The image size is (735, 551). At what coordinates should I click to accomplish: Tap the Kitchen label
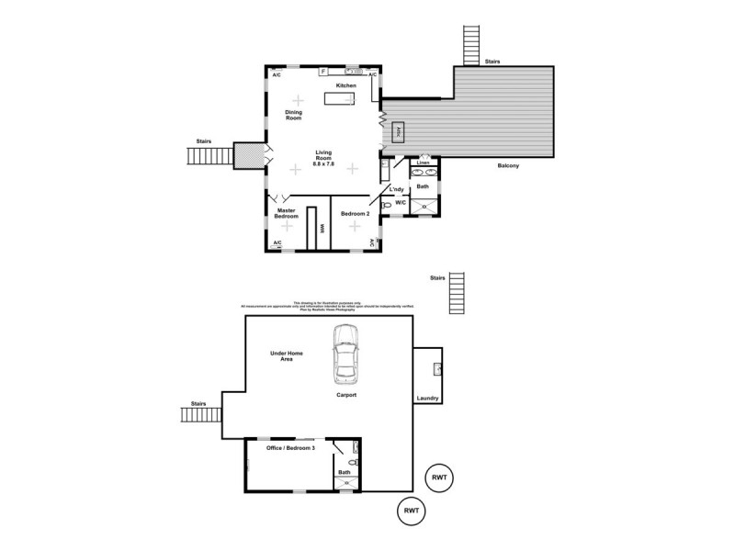coord(345,85)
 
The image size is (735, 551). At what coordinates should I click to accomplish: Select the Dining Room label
coord(293,115)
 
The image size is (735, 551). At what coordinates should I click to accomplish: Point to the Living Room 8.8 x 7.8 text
coord(323,158)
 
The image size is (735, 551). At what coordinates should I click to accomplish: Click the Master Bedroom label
coord(287,213)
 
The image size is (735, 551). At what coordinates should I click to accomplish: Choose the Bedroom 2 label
coord(355,214)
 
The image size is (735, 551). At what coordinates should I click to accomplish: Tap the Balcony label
coord(509,166)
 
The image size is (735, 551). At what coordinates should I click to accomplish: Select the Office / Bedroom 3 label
coord(290,447)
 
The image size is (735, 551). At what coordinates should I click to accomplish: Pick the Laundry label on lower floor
coord(427,398)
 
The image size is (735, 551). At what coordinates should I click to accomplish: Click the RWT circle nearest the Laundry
coord(440,478)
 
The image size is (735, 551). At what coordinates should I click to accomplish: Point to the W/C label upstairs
coord(401,203)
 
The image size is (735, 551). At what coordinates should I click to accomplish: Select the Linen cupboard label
coord(423,163)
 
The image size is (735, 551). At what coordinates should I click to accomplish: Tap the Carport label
coord(345,395)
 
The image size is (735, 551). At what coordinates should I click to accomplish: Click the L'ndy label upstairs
coord(397,189)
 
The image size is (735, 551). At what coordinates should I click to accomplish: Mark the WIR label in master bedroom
coord(322,230)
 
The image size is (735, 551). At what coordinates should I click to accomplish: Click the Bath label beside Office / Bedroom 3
coord(345,473)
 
